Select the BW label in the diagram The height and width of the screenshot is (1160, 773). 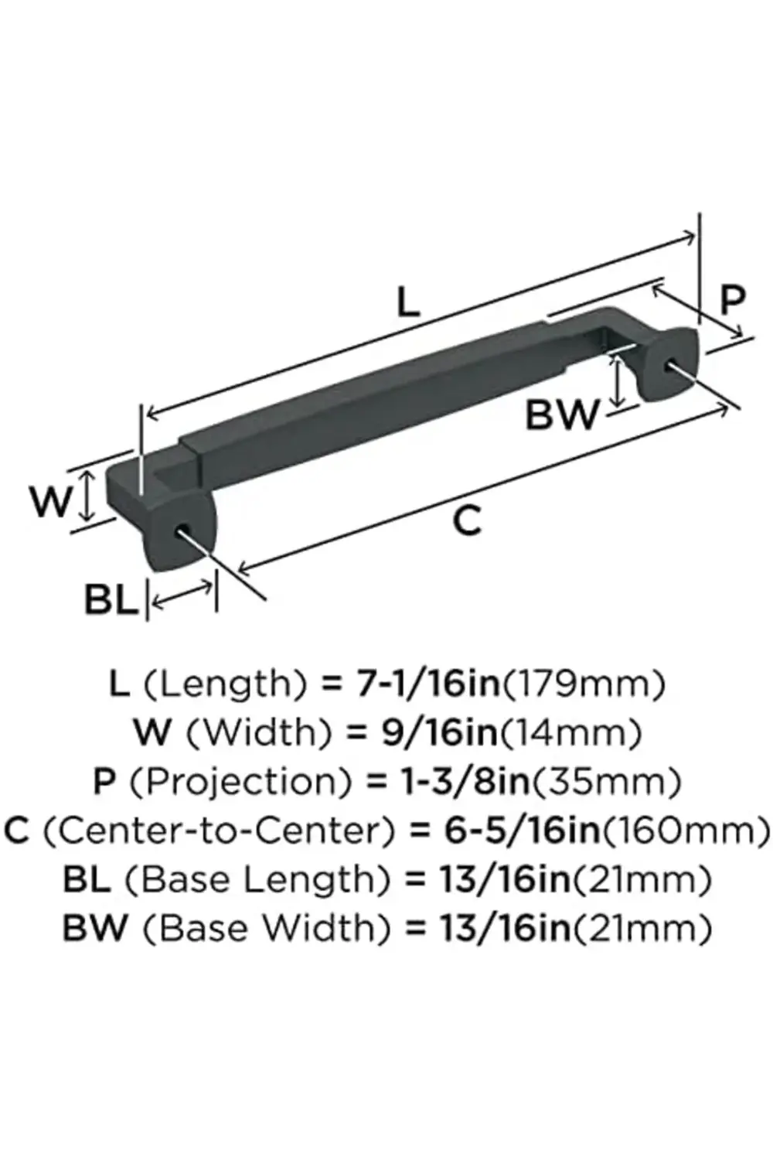click(x=562, y=415)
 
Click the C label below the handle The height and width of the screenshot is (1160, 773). click(x=467, y=520)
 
